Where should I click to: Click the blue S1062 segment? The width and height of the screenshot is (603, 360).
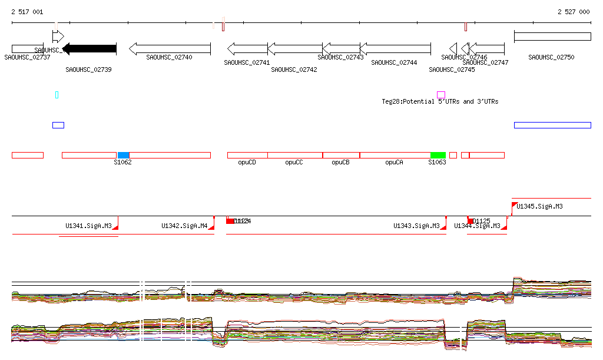point(123,155)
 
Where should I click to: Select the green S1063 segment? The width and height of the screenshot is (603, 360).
point(438,155)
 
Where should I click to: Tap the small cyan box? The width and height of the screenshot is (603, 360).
point(57,94)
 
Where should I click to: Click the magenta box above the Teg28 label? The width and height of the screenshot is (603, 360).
point(440,94)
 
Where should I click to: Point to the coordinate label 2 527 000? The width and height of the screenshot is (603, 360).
point(573,12)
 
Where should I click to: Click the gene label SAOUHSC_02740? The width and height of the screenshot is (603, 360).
point(170,57)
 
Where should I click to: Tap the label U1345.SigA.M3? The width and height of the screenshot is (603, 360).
point(539,206)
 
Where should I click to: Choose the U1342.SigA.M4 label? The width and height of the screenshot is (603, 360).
point(184,226)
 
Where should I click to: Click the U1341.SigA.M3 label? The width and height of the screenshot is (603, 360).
point(88,226)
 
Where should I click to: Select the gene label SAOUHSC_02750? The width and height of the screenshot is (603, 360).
point(551,57)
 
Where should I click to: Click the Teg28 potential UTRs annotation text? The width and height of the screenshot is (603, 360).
point(440,101)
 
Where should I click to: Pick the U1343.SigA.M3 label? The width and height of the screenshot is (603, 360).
point(416,226)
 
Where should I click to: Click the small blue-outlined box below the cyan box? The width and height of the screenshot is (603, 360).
point(58,125)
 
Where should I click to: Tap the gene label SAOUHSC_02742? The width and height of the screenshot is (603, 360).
point(294,70)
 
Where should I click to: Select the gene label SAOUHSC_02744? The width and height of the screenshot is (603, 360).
point(394,62)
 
